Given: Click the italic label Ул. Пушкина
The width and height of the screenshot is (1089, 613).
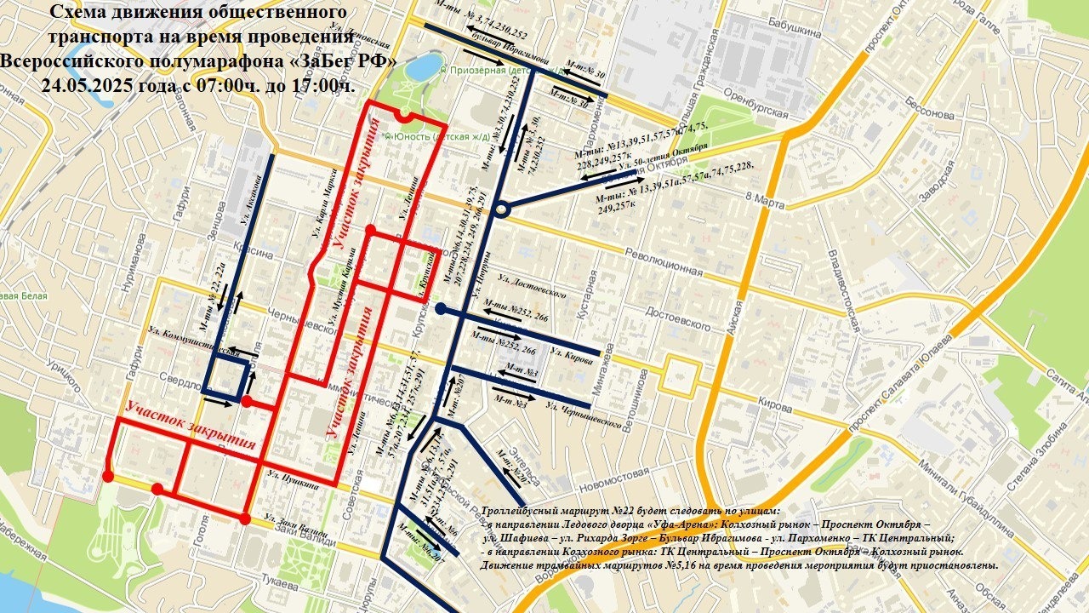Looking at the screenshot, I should pos(292,478).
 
